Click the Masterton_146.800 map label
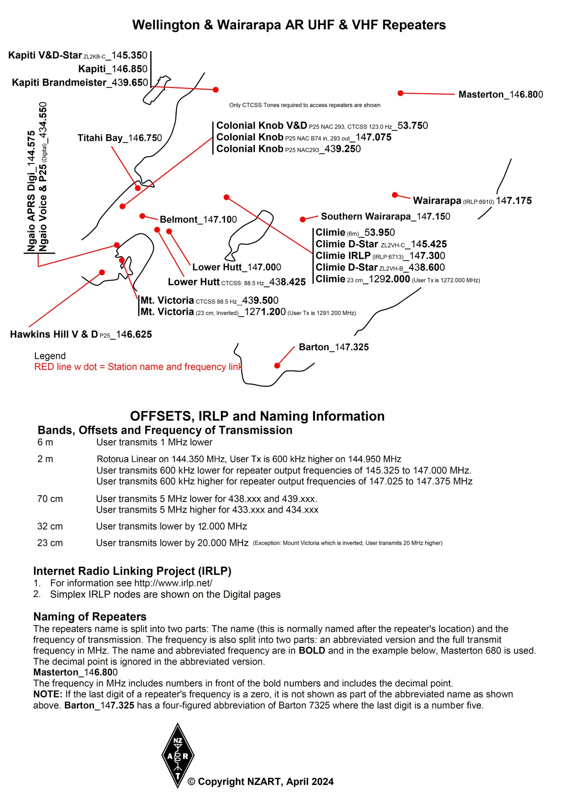tap(500, 94)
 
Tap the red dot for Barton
tap(277, 365)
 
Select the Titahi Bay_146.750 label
tap(120, 138)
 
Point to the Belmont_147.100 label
tap(198, 220)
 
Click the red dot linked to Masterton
tap(400, 93)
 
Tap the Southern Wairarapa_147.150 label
tap(385, 217)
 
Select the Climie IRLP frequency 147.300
tap(427, 256)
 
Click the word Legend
tap(50, 356)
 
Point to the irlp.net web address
tap(173, 583)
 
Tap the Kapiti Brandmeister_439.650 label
tap(80, 83)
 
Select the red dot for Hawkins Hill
tap(102, 272)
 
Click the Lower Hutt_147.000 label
tap(236, 267)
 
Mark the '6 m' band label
tap(45, 442)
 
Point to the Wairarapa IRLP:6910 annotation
tap(478, 202)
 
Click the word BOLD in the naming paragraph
tap(312, 650)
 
